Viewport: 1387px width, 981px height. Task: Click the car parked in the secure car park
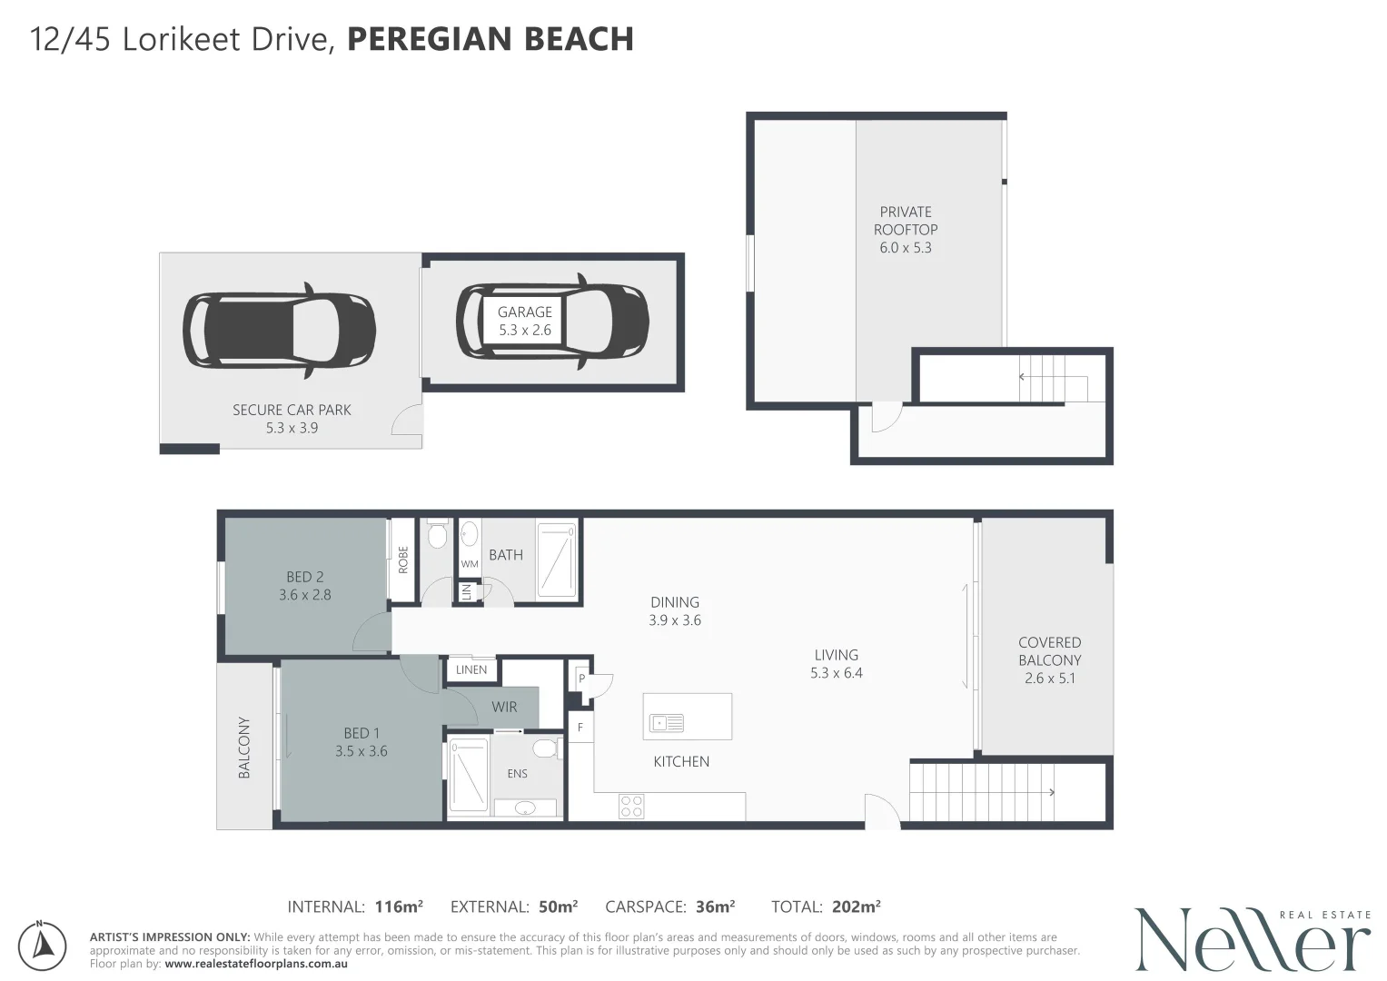click(x=279, y=330)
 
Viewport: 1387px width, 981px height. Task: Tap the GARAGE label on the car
click(x=524, y=312)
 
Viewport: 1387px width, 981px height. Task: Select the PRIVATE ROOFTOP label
click(x=906, y=221)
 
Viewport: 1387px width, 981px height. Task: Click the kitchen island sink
click(x=667, y=723)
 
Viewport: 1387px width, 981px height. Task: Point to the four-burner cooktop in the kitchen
click(x=631, y=807)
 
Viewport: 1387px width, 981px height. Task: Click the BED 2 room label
click(x=304, y=577)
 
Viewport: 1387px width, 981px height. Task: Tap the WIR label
click(x=504, y=708)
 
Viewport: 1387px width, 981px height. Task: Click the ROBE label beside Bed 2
click(x=403, y=560)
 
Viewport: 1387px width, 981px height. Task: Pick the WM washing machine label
click(x=470, y=564)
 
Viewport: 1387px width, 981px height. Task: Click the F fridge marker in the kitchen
click(x=580, y=727)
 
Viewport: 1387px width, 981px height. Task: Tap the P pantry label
click(x=582, y=679)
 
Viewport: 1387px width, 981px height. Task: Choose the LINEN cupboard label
click(x=471, y=669)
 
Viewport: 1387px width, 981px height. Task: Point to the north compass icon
click(x=42, y=946)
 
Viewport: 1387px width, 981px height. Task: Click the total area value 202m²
click(x=857, y=907)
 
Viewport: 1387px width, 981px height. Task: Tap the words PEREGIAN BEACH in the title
click(x=490, y=39)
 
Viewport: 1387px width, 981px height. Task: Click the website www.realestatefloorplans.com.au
click(x=256, y=964)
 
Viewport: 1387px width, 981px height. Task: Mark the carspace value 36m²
click(x=715, y=907)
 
